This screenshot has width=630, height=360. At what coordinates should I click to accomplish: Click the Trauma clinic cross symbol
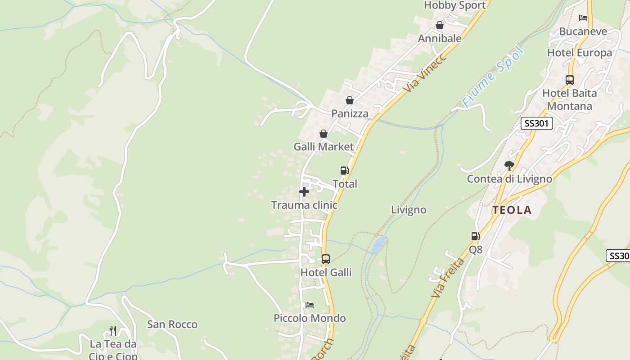tap(304, 192)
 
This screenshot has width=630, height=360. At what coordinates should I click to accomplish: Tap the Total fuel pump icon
tap(344, 171)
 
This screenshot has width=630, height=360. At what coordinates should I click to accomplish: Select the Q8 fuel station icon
tap(475, 236)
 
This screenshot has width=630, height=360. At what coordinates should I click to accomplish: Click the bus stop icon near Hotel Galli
tap(325, 259)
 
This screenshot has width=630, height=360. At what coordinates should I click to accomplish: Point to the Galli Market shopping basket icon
tap(323, 134)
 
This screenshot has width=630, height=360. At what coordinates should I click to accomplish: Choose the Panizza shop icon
tap(349, 100)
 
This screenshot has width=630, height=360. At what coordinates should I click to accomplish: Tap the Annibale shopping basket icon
tap(439, 26)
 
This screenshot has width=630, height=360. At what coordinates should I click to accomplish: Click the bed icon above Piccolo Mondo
tap(310, 305)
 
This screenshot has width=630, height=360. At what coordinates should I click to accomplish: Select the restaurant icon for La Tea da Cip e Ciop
tap(112, 331)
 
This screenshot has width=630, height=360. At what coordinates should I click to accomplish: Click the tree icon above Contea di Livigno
tap(509, 166)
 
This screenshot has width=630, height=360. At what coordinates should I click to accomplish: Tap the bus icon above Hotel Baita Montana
tap(569, 80)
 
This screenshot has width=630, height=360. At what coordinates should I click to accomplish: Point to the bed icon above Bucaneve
tap(583, 18)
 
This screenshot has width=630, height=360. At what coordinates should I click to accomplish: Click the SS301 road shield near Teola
tap(536, 123)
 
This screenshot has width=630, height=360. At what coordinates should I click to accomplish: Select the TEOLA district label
tap(512, 210)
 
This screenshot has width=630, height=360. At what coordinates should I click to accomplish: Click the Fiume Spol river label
tap(493, 77)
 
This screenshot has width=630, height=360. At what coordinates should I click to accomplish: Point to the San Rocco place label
tap(172, 324)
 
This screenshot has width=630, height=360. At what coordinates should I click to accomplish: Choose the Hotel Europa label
tap(579, 53)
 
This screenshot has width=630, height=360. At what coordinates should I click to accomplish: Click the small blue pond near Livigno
tap(378, 245)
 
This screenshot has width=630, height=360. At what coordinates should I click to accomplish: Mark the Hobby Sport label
tap(454, 5)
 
